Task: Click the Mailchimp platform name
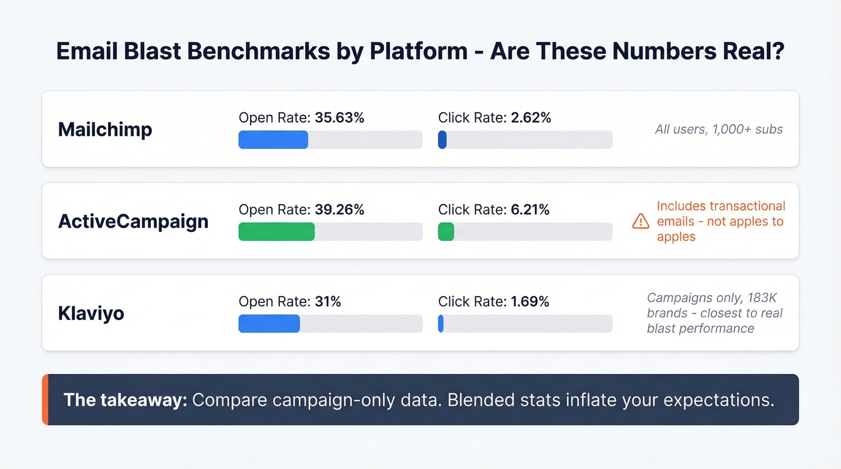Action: [x=105, y=129]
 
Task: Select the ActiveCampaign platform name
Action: [x=133, y=221]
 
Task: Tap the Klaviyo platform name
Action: [x=91, y=313]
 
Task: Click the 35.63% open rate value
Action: [x=339, y=118]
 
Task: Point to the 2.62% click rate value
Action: [x=531, y=118]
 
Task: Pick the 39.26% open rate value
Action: [x=339, y=210]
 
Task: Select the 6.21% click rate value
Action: [x=530, y=210]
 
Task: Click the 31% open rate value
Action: [x=328, y=301]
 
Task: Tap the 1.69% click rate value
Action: [x=530, y=301]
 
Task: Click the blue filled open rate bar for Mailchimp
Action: [x=273, y=140]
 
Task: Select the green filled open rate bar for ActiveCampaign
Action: [x=276, y=232]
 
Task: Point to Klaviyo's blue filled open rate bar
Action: [x=269, y=324]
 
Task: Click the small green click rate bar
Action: [x=446, y=232]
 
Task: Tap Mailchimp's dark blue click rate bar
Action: [x=442, y=140]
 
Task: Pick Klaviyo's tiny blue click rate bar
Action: [x=441, y=324]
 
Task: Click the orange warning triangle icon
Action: [x=641, y=222]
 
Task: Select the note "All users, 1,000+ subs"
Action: [x=718, y=129]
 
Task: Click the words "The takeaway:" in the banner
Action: [x=125, y=400]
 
